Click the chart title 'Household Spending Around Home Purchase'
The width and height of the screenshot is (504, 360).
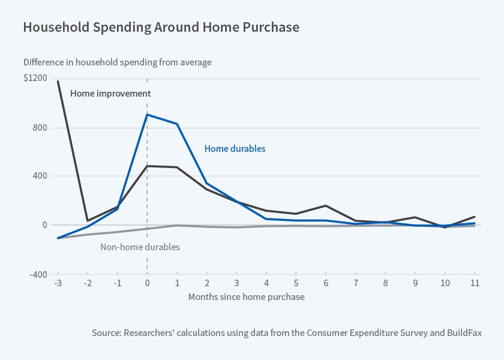(x=161, y=28)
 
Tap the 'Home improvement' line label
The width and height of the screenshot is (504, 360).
(x=110, y=94)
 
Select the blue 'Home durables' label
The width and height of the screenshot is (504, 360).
(x=235, y=148)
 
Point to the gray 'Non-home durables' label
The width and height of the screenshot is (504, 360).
(x=140, y=247)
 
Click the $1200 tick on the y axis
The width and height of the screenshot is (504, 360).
(x=35, y=79)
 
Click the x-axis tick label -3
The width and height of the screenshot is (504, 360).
(x=58, y=283)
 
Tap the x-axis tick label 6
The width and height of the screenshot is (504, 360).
(x=326, y=283)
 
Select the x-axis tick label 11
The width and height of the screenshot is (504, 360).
(x=475, y=283)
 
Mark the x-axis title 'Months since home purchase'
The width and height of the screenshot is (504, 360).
(x=246, y=297)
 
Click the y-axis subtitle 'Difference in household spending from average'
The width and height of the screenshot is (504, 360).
(x=118, y=62)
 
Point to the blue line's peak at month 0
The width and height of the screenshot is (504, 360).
(x=147, y=114)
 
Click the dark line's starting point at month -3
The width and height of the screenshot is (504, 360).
(x=58, y=81)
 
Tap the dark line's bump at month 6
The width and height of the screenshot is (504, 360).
(x=326, y=206)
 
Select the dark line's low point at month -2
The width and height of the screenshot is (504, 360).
(x=88, y=221)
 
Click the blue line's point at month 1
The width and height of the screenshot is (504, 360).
(x=177, y=124)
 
